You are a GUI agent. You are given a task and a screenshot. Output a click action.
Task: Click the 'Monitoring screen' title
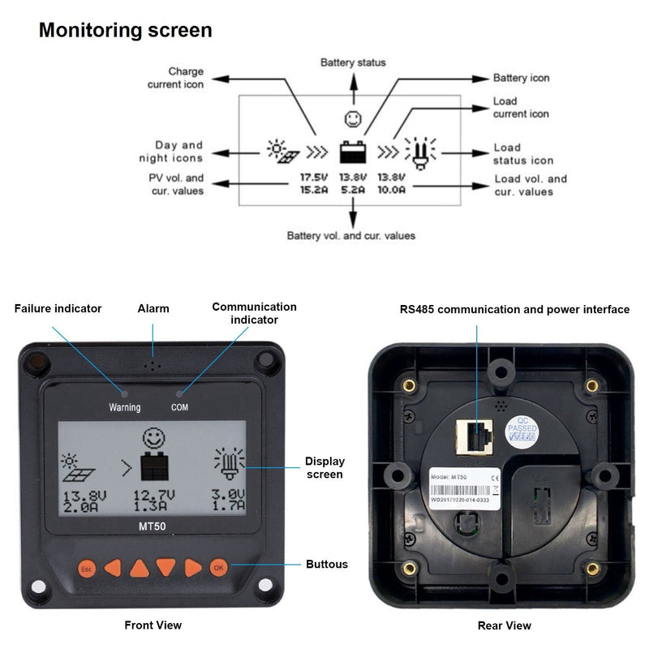pyautogui.click(x=126, y=31)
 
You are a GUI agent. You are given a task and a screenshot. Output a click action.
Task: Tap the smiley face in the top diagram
pyautogui.click(x=352, y=118)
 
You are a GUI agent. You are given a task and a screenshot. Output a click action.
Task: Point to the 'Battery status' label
pyautogui.click(x=353, y=62)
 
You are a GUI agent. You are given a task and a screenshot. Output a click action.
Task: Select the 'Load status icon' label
pyautogui.click(x=523, y=154)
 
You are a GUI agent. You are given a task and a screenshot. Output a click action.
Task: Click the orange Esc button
pyautogui.click(x=87, y=567)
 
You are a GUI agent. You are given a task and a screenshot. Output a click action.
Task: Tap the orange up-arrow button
pyautogui.click(x=140, y=567)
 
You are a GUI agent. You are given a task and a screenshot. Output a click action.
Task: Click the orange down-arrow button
pyautogui.click(x=165, y=567)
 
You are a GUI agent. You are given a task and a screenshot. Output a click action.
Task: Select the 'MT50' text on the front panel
pyautogui.click(x=153, y=526)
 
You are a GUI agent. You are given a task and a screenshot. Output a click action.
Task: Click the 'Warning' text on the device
pyautogui.click(x=124, y=407)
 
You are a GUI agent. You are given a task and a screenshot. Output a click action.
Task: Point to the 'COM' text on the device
pyautogui.click(x=179, y=407)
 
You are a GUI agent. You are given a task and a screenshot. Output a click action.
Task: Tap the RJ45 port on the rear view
pyautogui.click(x=474, y=434)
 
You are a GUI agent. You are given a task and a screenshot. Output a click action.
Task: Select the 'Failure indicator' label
pyautogui.click(x=58, y=308)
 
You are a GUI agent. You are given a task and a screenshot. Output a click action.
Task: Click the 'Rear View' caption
pyautogui.click(x=505, y=625)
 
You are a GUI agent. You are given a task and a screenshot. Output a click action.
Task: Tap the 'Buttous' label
pyautogui.click(x=326, y=564)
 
